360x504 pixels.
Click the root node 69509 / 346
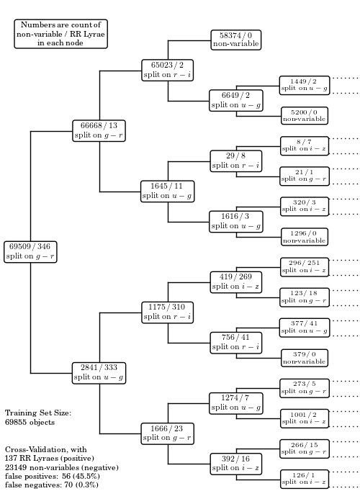point(30,252)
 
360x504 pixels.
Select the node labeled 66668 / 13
point(99,131)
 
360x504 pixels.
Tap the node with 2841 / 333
point(99,373)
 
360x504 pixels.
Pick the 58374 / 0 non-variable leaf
point(236,40)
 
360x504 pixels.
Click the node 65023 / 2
point(168,70)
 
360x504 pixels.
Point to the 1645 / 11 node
point(168,192)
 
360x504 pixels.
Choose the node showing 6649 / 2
point(236,101)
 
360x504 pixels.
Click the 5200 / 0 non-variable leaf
point(305,116)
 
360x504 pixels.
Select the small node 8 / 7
point(305,146)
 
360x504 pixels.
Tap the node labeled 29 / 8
point(236,161)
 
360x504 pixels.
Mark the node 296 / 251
point(305,267)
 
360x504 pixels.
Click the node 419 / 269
point(236,282)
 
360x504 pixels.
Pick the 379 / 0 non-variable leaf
point(305,358)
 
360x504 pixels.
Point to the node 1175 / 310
point(168,312)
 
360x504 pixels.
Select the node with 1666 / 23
point(168,433)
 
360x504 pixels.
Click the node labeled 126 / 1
point(305,479)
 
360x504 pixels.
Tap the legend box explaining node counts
point(60,34)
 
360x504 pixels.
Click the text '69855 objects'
point(30,422)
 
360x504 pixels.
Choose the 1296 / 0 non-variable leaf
point(305,237)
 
